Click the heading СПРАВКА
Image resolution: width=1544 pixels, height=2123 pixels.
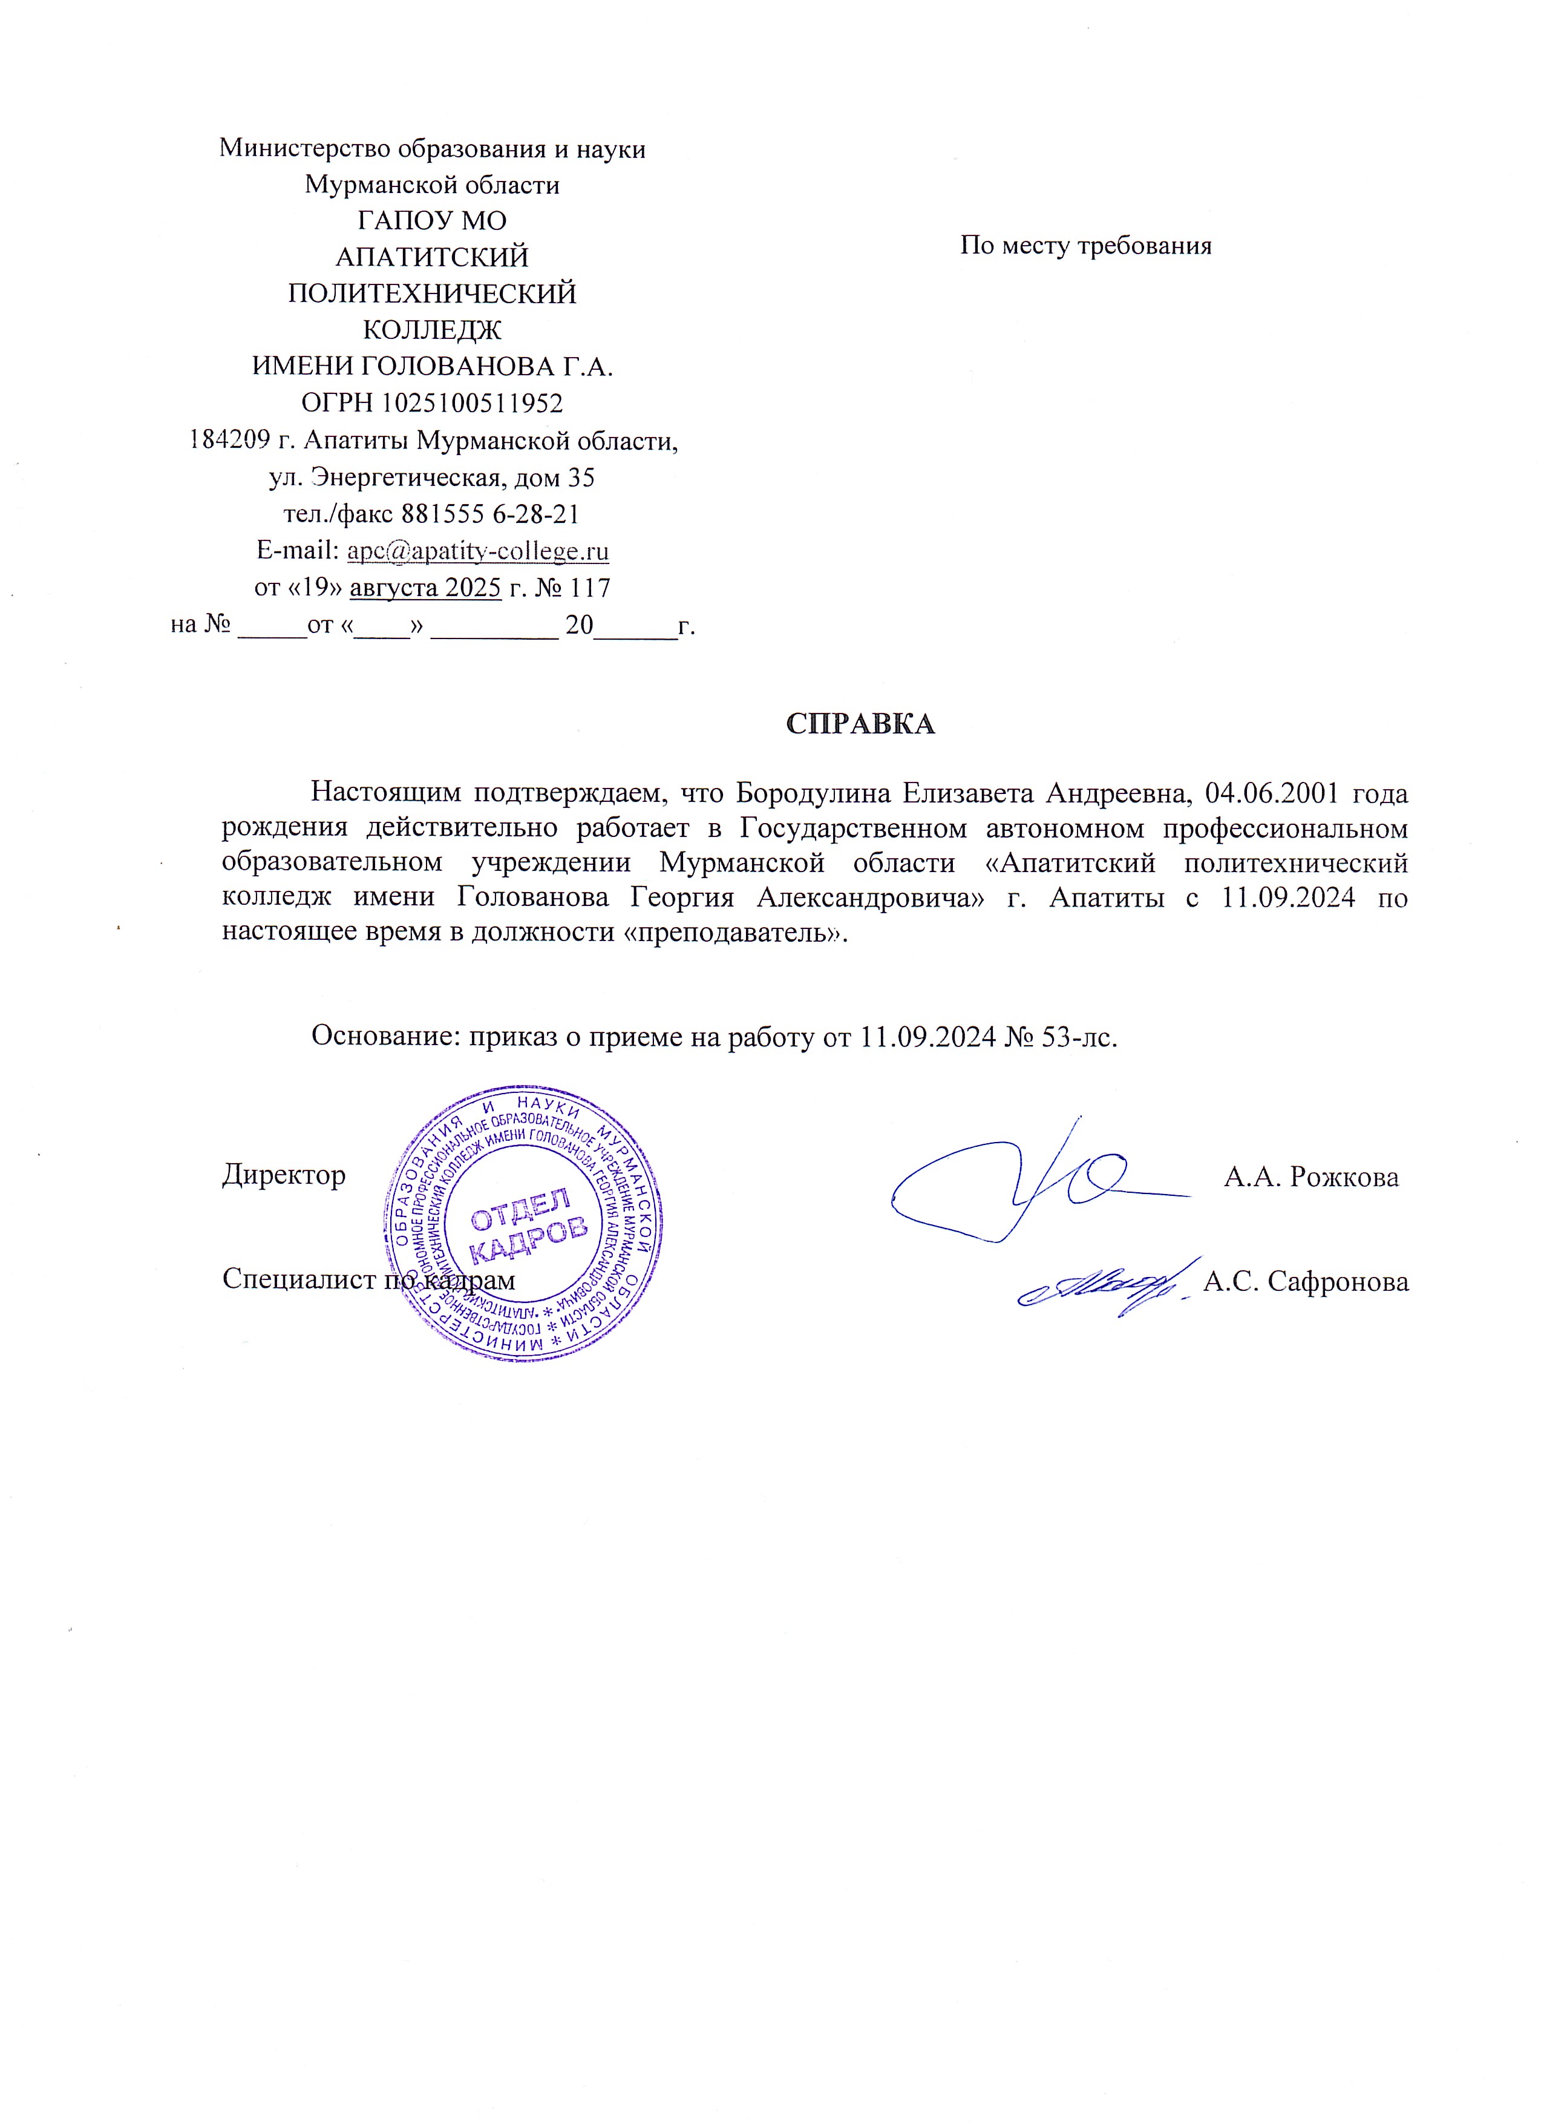pyautogui.click(x=860, y=724)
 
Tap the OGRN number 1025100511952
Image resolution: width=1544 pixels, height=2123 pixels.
pyautogui.click(x=471, y=404)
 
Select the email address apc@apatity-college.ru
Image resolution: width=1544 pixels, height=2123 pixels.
pyautogui.click(x=477, y=551)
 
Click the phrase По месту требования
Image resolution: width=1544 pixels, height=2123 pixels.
pyautogui.click(x=1085, y=246)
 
